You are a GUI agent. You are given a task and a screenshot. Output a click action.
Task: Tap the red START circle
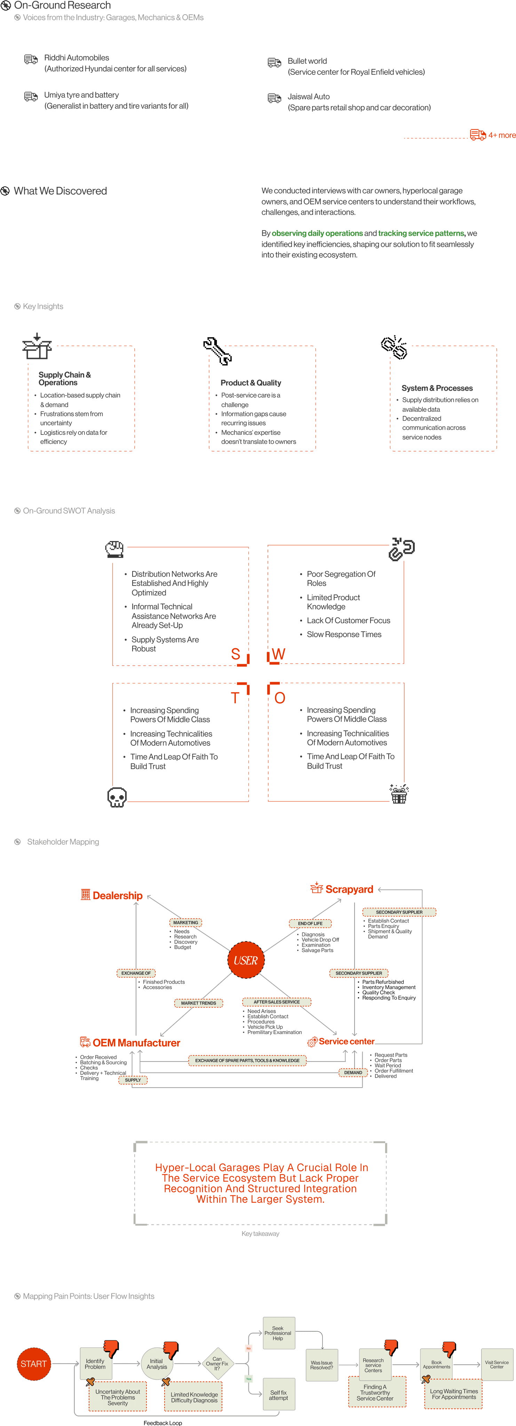(33, 1363)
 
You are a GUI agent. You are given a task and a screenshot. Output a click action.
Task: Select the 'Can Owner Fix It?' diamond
(217, 1363)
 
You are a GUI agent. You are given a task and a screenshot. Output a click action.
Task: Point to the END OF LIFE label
(310, 923)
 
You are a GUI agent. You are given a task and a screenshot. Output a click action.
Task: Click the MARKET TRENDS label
(199, 1003)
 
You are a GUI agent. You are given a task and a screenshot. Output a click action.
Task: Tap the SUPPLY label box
(133, 1080)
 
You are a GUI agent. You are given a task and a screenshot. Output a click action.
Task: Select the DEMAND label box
(353, 1072)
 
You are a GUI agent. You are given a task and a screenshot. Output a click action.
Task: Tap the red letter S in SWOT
(236, 654)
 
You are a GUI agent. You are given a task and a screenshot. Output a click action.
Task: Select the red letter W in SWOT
(279, 654)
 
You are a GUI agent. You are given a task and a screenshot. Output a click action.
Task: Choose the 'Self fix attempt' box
(278, 1394)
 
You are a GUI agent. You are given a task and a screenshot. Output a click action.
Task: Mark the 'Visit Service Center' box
(497, 1364)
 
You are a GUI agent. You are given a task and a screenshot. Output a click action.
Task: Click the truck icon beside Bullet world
(274, 63)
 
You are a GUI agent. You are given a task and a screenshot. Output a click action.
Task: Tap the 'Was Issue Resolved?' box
(321, 1365)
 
